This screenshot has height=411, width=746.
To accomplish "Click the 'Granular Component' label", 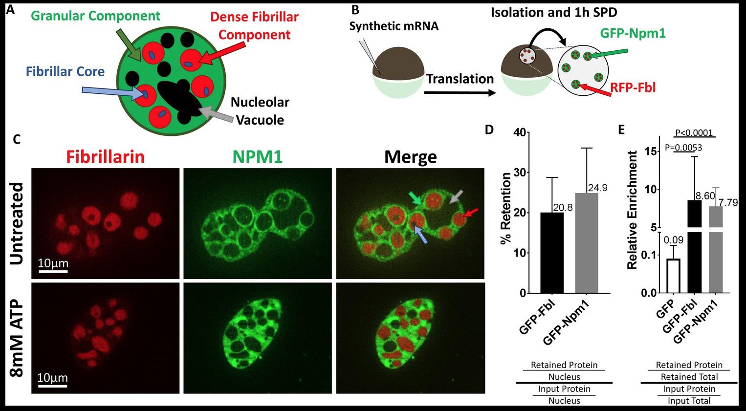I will coord(95,16).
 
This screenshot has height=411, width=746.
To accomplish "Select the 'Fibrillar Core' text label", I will coord(65,72).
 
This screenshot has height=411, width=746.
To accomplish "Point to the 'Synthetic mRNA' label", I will coord(394,26).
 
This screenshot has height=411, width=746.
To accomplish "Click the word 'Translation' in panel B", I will coord(460,79).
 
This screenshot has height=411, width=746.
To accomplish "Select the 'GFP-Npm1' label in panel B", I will coord(633,33).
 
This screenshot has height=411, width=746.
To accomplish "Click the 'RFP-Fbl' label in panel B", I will coord(633,88).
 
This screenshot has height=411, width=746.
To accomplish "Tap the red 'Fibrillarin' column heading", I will coord(105,156).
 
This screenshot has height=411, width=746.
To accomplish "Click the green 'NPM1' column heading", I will coord(258,156).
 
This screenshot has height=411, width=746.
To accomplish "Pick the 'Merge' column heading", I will coord(410,156).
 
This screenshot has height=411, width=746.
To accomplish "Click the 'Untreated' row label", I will coord(17,223).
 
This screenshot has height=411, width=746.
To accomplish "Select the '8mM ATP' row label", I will coord(17,338).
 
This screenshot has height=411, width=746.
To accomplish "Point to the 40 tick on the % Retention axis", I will coord(519,133).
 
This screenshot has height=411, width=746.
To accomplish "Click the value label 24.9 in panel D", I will coord(597,188).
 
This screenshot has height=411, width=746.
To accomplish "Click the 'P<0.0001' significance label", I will coord(694,132).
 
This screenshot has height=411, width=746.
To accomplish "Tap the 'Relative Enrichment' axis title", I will coord(632,210).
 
